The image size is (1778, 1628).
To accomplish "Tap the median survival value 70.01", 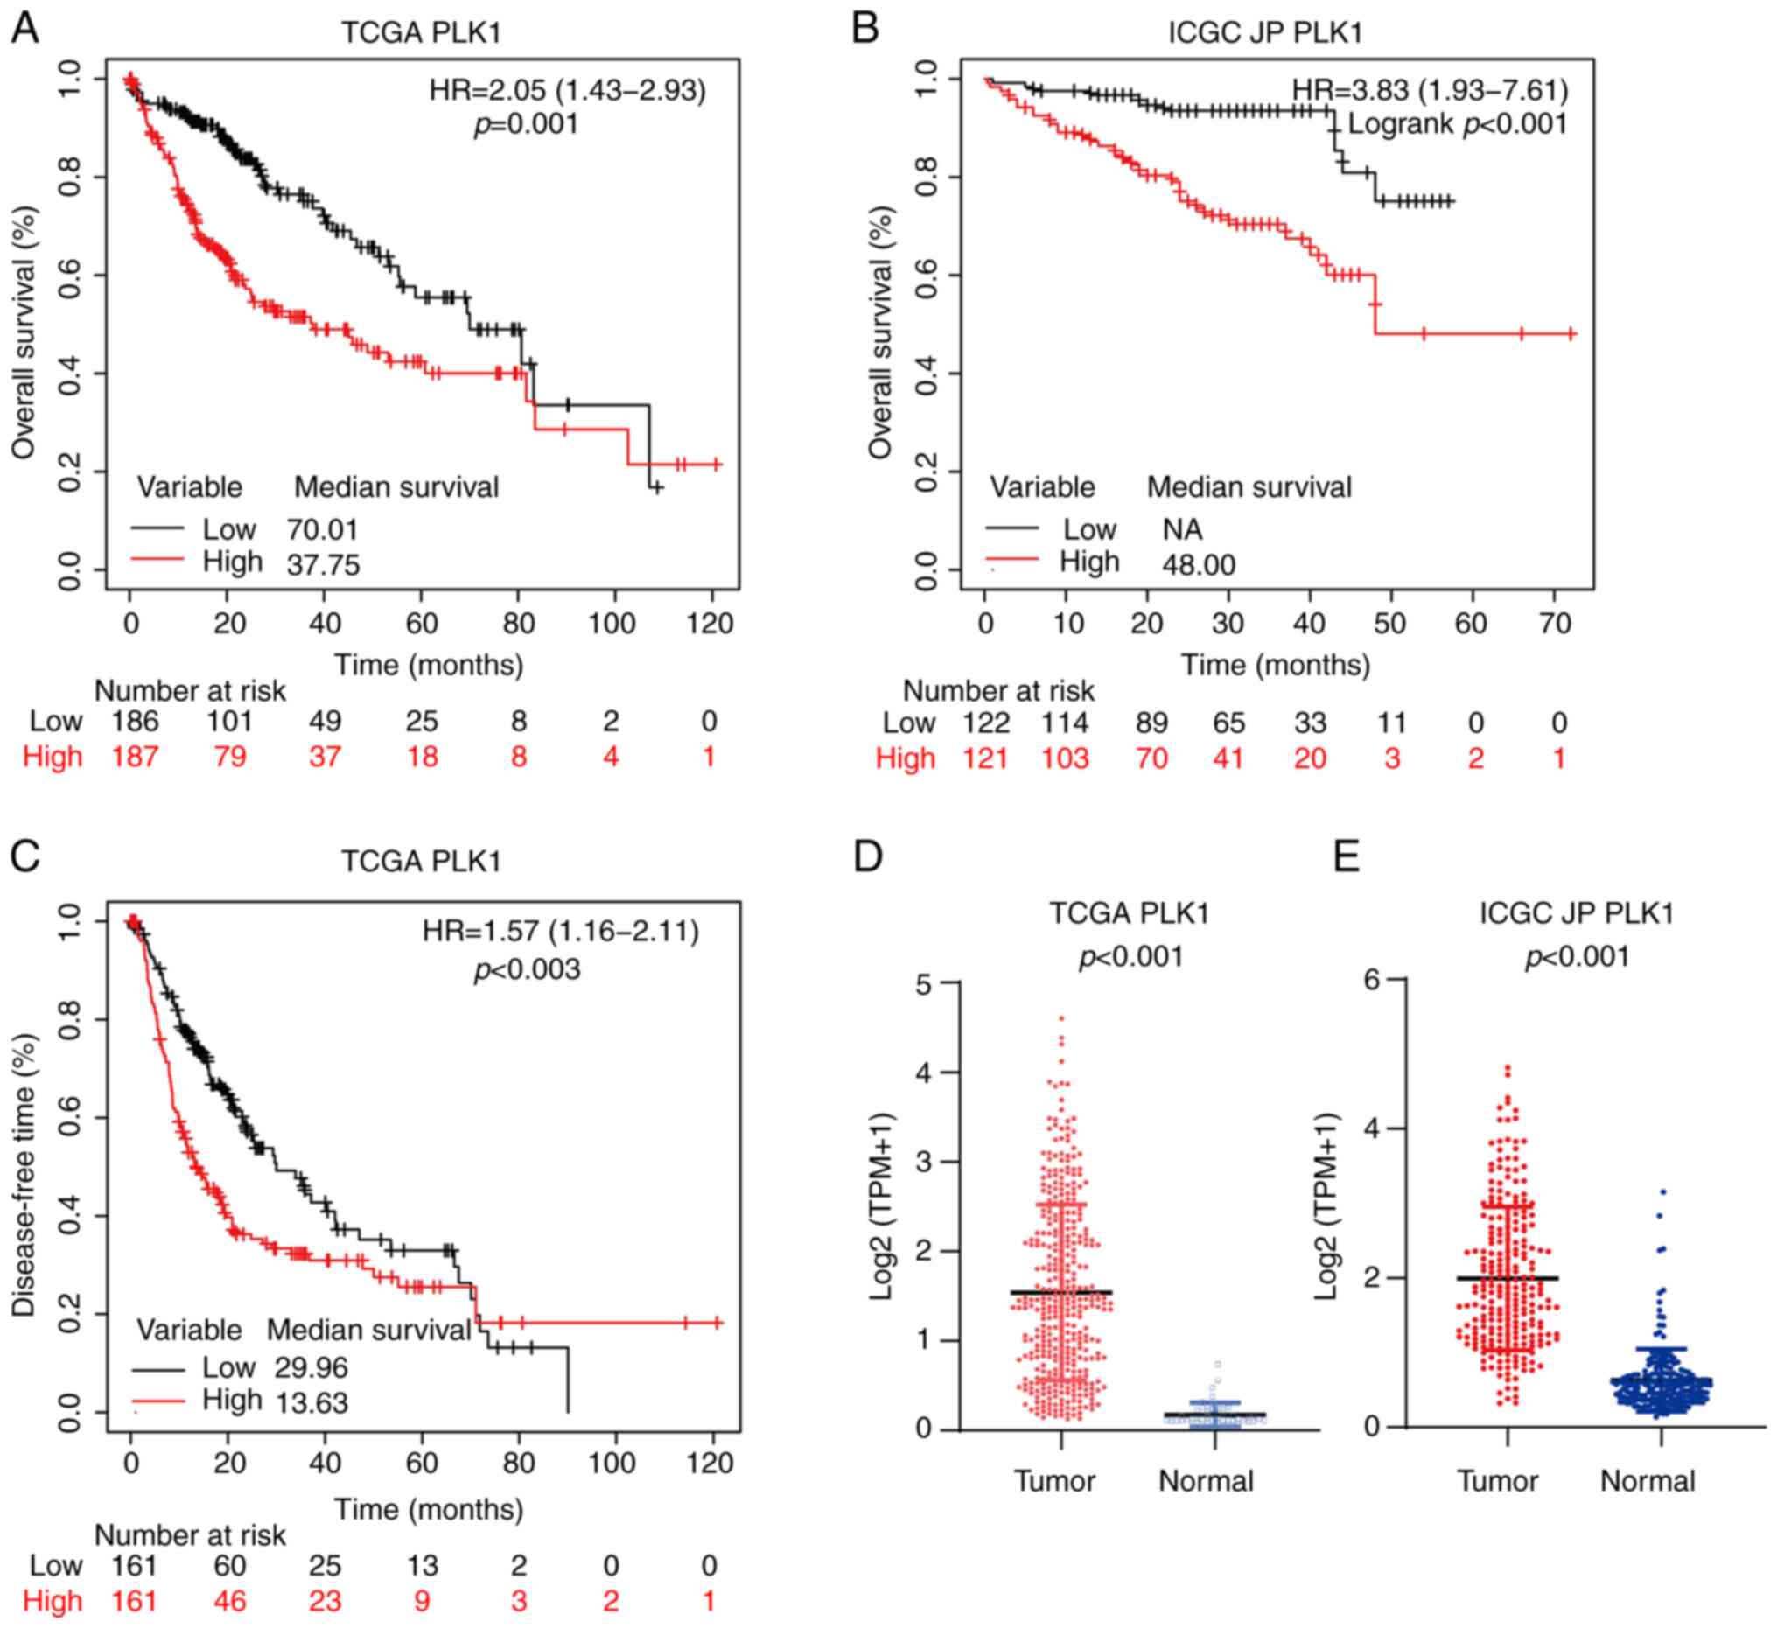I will (322, 530).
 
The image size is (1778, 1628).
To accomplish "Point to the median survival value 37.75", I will (323, 564).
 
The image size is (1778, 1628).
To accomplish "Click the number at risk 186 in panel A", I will (135, 722).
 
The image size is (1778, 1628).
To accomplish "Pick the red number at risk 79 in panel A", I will (229, 757).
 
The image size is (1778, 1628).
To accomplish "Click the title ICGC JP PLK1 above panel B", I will (1264, 32).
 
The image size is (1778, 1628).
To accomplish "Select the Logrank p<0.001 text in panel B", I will (1457, 124).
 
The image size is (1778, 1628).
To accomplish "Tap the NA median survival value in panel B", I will (1182, 530).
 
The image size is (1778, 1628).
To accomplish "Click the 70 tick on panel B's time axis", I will (1556, 624).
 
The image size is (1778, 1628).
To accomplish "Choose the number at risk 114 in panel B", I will (1065, 723).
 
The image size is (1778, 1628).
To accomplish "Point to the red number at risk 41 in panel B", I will (1228, 758).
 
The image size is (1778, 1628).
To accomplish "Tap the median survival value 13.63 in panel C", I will (311, 1402).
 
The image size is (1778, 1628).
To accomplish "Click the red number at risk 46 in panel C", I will (229, 1601).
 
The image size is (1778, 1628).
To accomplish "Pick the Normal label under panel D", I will (1206, 1481).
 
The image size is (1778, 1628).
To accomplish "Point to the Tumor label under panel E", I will (1496, 1481).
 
